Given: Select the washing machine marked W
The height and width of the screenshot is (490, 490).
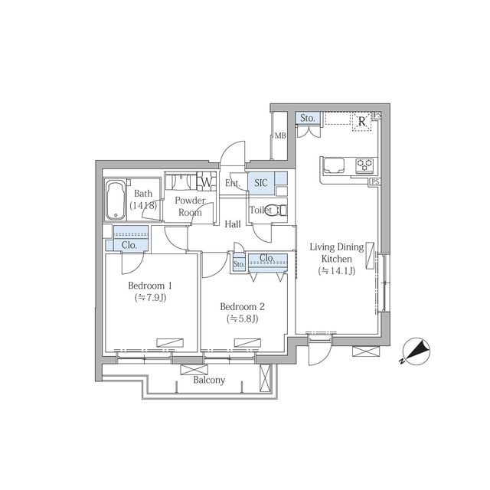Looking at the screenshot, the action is (x=206, y=181).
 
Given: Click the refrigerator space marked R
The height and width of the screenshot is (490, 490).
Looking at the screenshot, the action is (x=362, y=121).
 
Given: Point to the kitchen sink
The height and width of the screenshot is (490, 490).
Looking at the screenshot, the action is (x=334, y=165).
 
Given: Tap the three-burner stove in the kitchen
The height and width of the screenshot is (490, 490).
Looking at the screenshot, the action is (x=364, y=165).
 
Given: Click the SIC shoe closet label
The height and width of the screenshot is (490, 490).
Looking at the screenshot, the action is (x=261, y=182).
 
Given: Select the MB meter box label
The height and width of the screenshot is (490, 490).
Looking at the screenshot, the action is (x=280, y=136).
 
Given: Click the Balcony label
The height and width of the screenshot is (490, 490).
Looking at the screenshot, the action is (x=209, y=380).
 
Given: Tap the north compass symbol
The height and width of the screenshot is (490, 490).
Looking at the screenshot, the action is (x=416, y=351).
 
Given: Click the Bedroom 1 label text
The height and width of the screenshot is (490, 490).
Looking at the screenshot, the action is (x=150, y=286).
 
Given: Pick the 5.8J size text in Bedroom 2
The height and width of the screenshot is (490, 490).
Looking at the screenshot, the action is (x=243, y=318).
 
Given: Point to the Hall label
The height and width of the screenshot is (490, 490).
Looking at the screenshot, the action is (x=233, y=224).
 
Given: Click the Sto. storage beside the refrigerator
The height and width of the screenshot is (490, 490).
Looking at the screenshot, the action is (x=308, y=119).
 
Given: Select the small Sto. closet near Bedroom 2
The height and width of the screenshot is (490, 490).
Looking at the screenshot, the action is (x=239, y=264).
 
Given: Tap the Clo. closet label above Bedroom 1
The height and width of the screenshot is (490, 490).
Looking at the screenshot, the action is (x=129, y=245).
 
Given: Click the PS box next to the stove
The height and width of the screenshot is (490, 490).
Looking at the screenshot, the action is (x=375, y=181).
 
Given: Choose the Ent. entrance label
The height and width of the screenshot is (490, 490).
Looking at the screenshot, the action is (x=233, y=183).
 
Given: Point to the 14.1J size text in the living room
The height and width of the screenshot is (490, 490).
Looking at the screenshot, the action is (x=337, y=271).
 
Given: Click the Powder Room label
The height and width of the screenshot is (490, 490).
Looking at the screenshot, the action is (x=190, y=207).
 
